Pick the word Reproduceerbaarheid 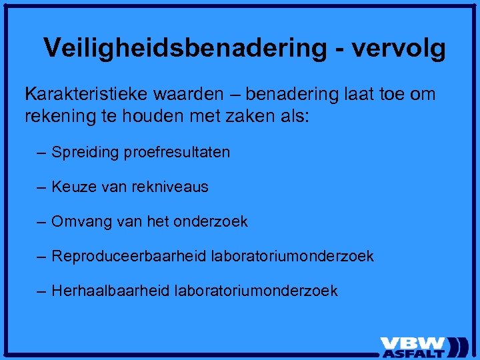[x=129, y=257]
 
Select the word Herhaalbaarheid [x=111, y=291]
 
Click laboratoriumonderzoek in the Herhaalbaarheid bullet [x=256, y=291]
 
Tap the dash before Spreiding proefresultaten [x=42, y=153]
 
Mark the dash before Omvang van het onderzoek [x=42, y=222]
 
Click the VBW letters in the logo [x=413, y=341]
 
